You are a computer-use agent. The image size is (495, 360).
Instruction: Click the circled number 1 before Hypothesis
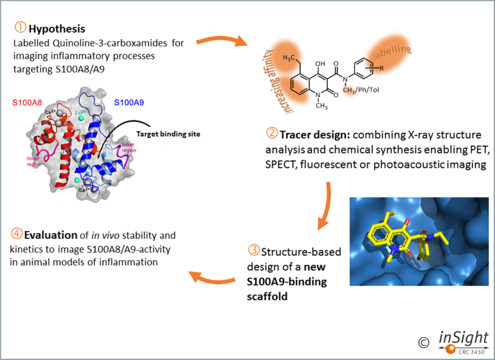19,29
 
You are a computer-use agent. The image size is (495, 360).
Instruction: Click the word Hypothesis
56,29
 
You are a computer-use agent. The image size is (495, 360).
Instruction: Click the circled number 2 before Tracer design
272,134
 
